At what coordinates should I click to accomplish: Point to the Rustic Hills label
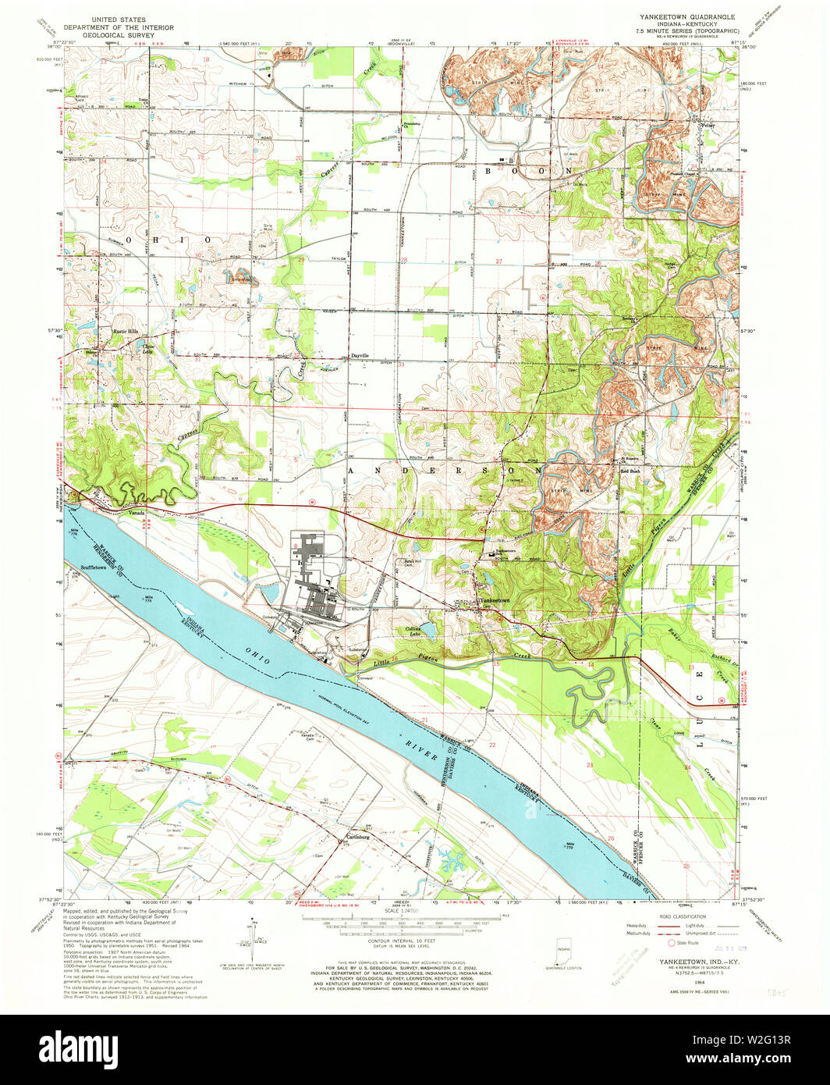click(126, 331)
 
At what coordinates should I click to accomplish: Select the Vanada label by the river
click(137, 512)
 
